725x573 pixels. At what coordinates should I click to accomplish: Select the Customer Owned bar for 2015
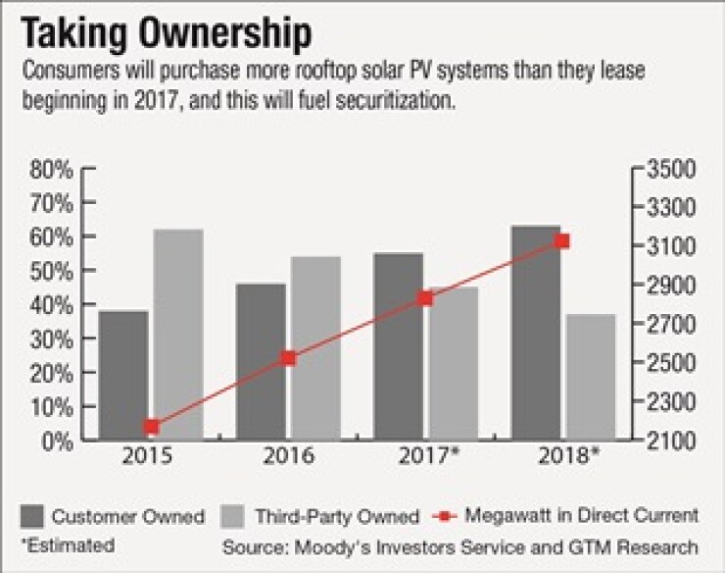point(123,376)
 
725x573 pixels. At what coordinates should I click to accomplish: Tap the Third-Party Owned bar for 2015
point(178,335)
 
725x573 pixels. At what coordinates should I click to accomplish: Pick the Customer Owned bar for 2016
point(261,362)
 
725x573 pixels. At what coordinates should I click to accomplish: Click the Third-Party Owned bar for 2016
point(315,348)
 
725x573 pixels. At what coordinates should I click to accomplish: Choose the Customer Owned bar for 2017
point(398,346)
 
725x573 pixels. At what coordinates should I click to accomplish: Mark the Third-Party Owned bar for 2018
point(591,377)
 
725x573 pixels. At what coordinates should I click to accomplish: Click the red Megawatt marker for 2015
point(151,426)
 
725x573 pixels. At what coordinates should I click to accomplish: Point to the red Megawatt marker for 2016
point(288,358)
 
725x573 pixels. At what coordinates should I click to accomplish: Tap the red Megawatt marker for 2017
point(425,297)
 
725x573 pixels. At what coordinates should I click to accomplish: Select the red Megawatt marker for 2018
point(562,240)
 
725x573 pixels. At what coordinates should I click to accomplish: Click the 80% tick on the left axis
point(49,169)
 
